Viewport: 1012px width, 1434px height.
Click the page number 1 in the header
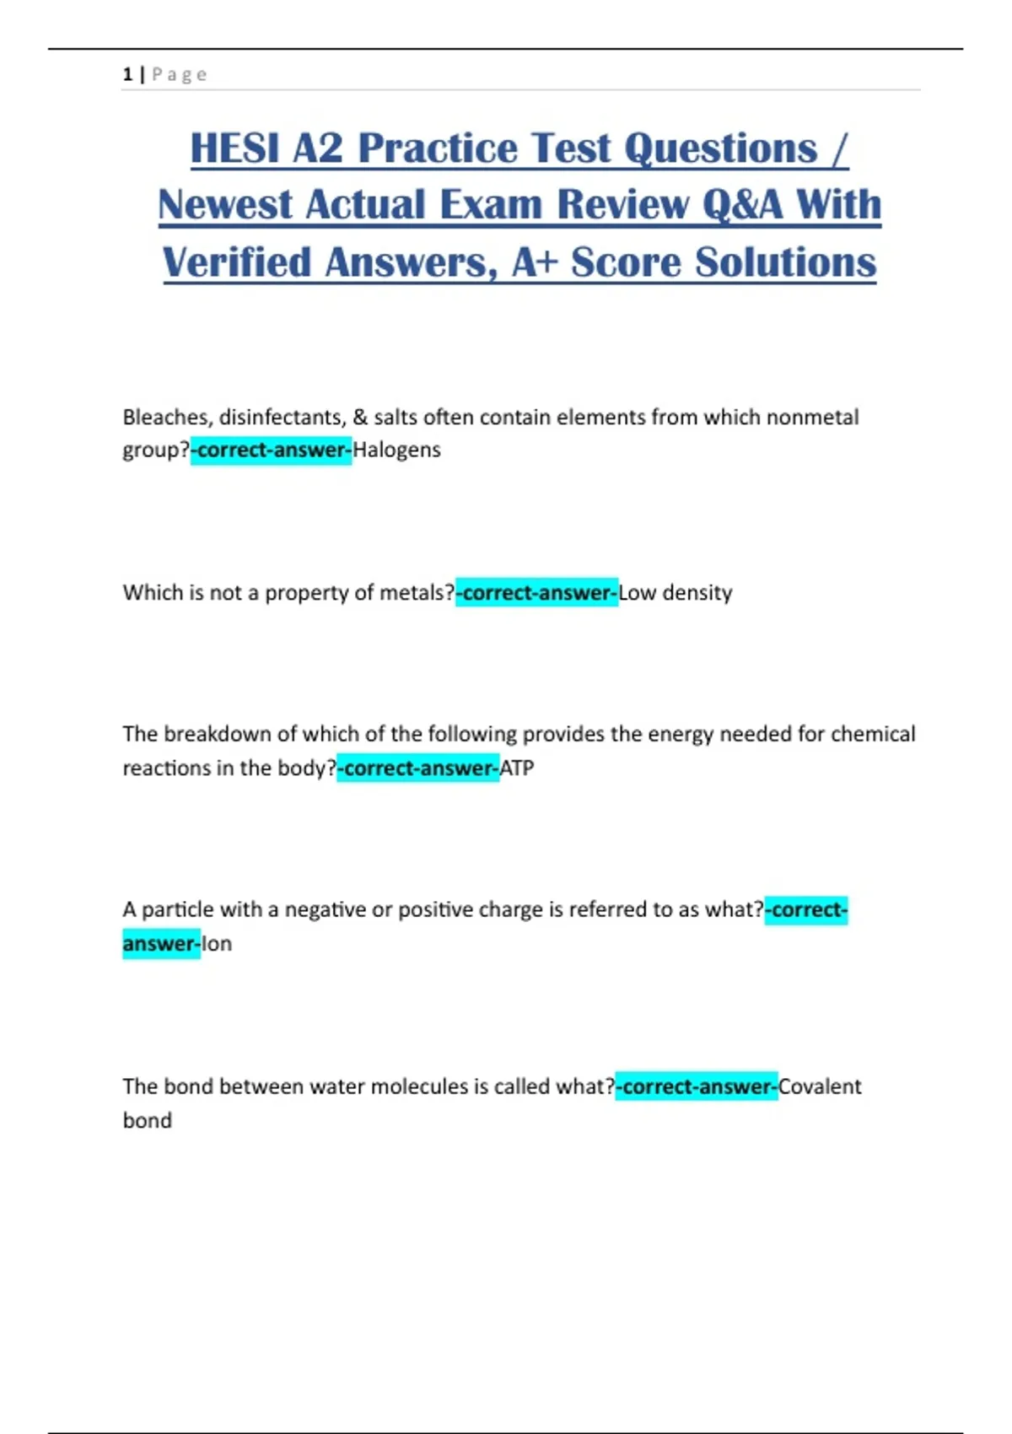click(127, 74)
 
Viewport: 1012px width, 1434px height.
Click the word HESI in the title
click(234, 148)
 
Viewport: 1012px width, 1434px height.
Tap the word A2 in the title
click(318, 148)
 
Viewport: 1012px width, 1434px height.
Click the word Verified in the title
click(237, 262)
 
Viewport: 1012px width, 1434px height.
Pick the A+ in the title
click(535, 262)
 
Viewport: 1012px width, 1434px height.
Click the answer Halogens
click(396, 450)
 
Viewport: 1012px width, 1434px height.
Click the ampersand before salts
click(360, 417)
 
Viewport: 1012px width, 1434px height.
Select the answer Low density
click(676, 593)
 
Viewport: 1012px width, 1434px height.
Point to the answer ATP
click(517, 768)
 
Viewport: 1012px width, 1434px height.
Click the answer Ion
click(217, 944)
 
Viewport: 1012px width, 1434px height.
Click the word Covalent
click(820, 1086)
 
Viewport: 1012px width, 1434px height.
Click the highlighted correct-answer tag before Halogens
click(271, 450)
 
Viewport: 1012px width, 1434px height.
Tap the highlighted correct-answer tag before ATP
click(418, 768)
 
